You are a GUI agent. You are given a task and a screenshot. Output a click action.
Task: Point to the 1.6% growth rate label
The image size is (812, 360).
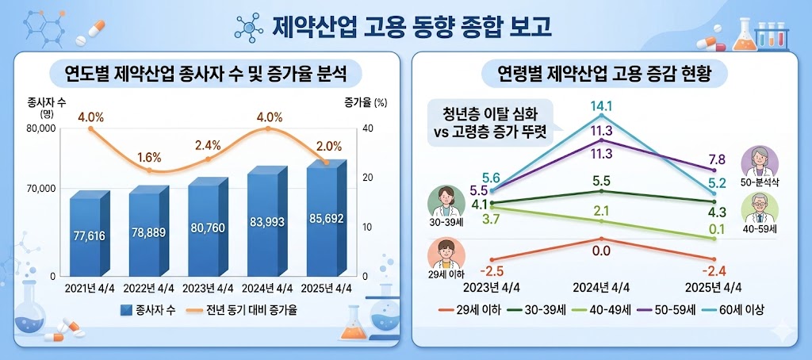point(150,157)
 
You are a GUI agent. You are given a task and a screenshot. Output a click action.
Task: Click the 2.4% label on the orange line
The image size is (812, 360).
point(208,145)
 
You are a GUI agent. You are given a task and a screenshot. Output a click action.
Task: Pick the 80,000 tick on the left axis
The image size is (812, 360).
point(40,129)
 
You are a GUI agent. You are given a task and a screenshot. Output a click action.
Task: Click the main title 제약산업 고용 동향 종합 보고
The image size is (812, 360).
point(412,26)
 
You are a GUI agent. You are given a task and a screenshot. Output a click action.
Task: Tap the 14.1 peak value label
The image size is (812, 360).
point(600,105)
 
